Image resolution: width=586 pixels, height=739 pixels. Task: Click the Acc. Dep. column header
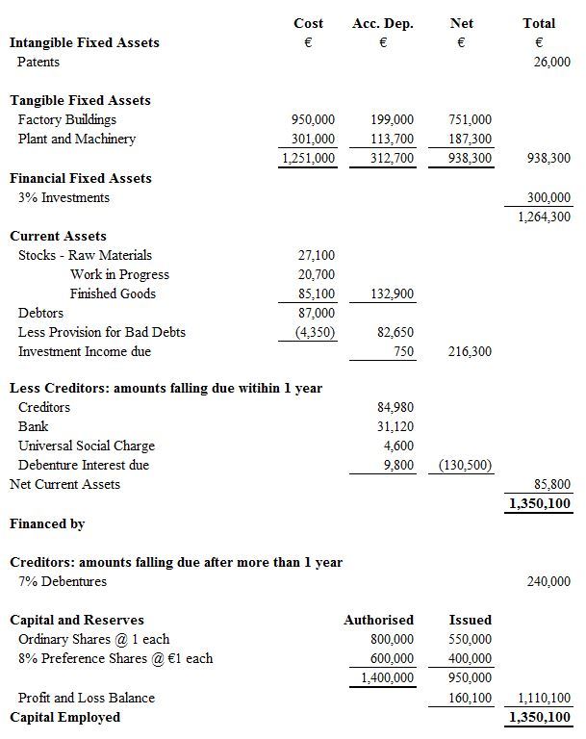[x=382, y=23]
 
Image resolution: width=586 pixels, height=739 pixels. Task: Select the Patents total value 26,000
[x=551, y=62]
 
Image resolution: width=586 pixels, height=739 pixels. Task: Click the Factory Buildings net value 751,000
[x=470, y=119]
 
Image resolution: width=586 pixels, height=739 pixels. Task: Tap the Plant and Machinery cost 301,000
[x=313, y=139]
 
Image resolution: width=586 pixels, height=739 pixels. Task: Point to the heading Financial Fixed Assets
[x=81, y=178]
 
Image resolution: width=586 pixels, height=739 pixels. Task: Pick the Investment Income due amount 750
[x=403, y=351]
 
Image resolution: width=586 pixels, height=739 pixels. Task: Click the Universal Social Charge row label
[x=87, y=446]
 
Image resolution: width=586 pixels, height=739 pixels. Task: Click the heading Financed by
[x=47, y=523]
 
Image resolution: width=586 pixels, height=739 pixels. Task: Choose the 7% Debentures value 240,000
[x=548, y=581]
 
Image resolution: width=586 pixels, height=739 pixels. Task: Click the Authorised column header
[x=378, y=620]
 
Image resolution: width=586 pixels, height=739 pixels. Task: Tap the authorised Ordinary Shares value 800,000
[x=392, y=639]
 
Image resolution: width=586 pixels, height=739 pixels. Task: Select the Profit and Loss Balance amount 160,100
[x=470, y=698]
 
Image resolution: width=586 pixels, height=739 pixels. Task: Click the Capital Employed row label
[x=65, y=717]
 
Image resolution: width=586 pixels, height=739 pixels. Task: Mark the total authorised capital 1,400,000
[x=388, y=677]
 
